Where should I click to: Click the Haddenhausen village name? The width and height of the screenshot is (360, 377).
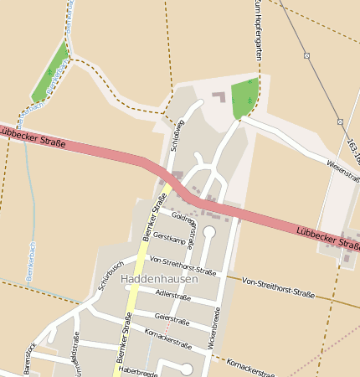point(159,278)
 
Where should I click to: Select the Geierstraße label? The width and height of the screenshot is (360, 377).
point(172,318)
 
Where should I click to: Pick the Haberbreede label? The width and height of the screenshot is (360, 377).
point(137,369)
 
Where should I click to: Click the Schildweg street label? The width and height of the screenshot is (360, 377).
point(177,134)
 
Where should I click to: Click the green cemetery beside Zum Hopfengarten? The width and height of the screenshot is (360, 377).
point(243,99)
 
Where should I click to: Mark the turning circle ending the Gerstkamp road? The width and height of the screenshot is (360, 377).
point(209,231)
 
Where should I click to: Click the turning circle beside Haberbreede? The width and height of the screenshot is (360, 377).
point(186,369)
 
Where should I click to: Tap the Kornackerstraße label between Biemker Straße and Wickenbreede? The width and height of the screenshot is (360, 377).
point(168,338)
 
